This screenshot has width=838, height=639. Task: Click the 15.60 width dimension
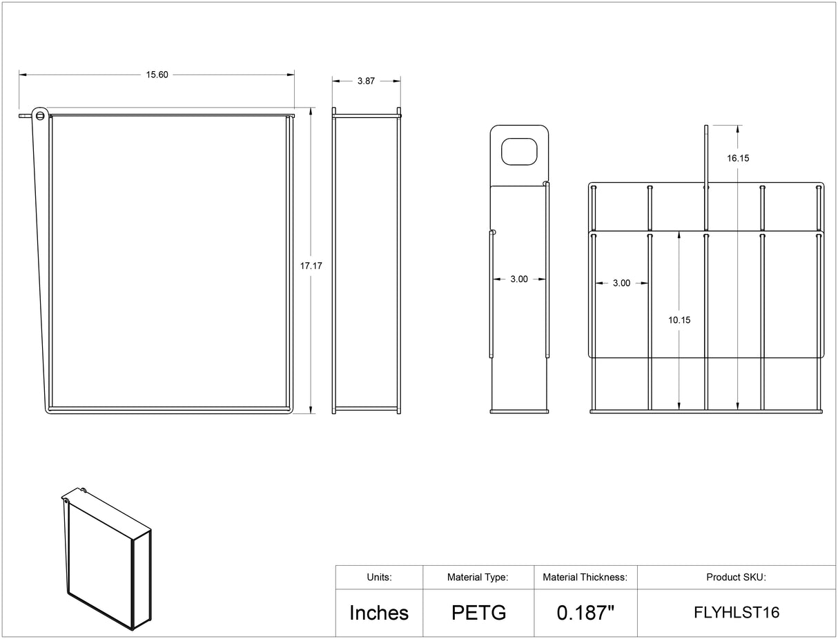[157, 75]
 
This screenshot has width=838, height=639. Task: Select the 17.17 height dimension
[311, 266]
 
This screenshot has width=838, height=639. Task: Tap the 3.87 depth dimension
[366, 81]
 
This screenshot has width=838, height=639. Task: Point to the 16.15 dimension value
[738, 158]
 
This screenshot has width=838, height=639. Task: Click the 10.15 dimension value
[679, 320]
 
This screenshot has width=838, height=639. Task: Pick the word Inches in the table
[379, 613]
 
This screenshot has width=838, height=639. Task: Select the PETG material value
[479, 613]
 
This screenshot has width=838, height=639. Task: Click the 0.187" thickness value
[585, 613]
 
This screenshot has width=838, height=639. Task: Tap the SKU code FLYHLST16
[737, 613]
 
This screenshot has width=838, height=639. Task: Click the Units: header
[379, 577]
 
